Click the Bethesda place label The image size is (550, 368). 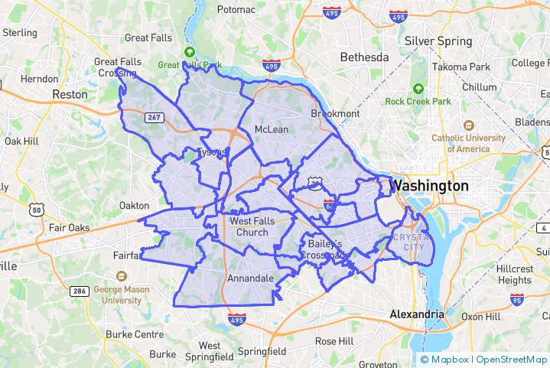tap(364, 57)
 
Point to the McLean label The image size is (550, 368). tap(272, 129)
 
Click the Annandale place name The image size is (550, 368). tap(250, 278)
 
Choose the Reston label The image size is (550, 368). tap(70, 94)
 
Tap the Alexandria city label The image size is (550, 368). tap(416, 314)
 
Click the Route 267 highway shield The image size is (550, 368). tap(155, 117)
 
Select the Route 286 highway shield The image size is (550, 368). tap(79, 291)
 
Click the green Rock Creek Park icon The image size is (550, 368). tap(418, 89)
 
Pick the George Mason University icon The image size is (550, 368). tap(121, 276)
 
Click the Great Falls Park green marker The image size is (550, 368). tap(189, 52)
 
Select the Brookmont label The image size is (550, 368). tap(335, 113)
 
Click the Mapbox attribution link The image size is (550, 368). tap(447, 360)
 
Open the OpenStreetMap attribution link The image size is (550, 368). tap(512, 360)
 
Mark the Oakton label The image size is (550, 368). tap(135, 205)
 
